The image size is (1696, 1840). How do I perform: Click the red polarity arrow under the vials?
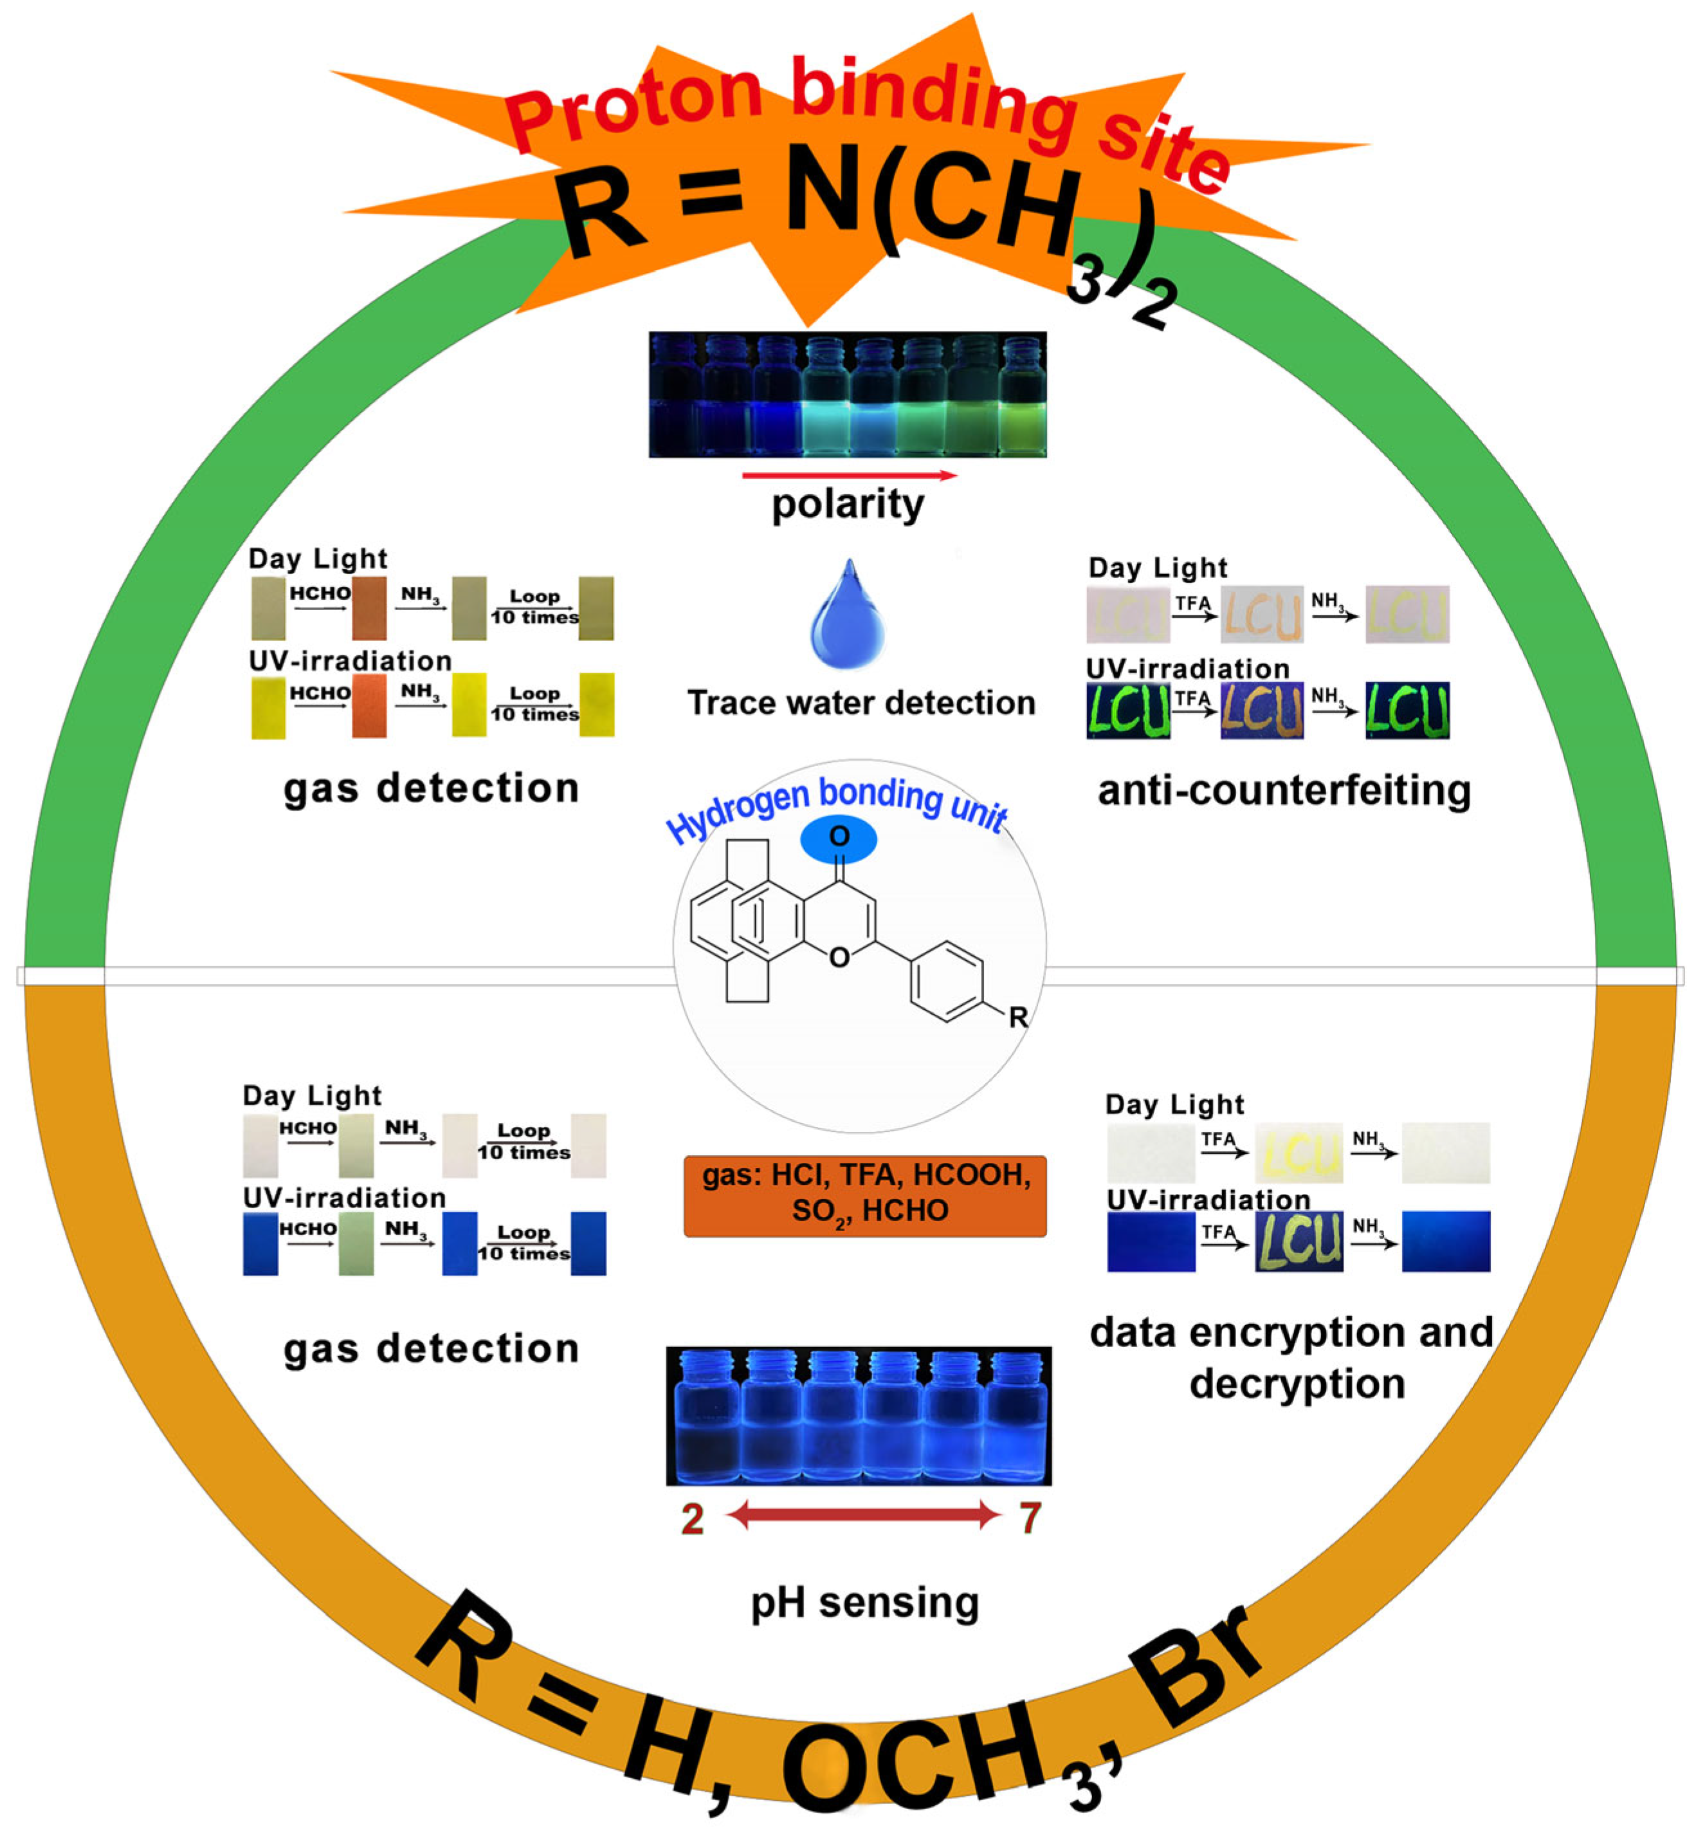point(849,475)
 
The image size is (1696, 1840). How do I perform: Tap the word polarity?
point(847,504)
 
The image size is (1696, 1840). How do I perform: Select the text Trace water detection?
point(861,702)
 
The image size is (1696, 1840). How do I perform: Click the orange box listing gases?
point(864,1195)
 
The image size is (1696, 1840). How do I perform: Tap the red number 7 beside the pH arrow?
point(1030,1518)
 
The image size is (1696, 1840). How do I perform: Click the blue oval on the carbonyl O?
point(838,839)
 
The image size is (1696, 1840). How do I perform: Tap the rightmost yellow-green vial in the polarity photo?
point(1021,400)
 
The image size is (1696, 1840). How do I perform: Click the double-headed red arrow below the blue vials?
point(862,1516)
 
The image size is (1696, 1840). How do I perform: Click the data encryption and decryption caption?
point(1292,1357)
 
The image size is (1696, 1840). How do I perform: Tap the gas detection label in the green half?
point(432,788)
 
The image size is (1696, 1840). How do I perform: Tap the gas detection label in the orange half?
point(432,1348)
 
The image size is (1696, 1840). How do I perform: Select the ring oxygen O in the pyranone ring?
point(838,958)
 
